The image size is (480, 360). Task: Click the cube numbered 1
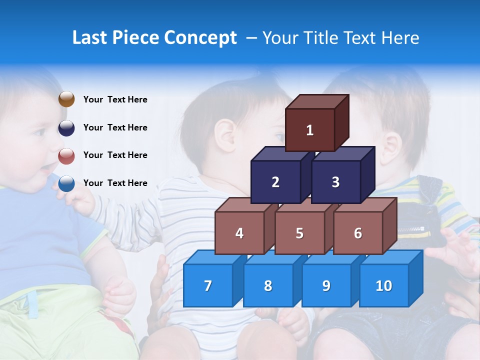pos(310,130)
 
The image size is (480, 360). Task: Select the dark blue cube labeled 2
pos(275,182)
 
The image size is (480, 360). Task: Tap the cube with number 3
pos(335,182)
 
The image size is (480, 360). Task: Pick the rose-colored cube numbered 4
pos(239,233)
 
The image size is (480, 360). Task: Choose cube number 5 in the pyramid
pos(299,233)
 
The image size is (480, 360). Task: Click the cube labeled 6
pos(358,233)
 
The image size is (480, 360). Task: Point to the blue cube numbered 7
pos(208,285)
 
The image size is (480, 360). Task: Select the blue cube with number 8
pos(268,285)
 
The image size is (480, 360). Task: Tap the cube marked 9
pos(326,285)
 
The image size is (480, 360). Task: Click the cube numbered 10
pos(384,285)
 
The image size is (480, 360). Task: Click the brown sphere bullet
pos(66,99)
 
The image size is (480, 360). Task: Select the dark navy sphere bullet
pos(66,127)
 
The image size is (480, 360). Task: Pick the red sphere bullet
pos(66,155)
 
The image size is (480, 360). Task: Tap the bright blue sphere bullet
pos(66,183)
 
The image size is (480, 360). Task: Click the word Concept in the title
pos(200,38)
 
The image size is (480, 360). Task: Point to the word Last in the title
pos(90,38)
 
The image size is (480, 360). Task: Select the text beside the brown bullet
pos(115,99)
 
